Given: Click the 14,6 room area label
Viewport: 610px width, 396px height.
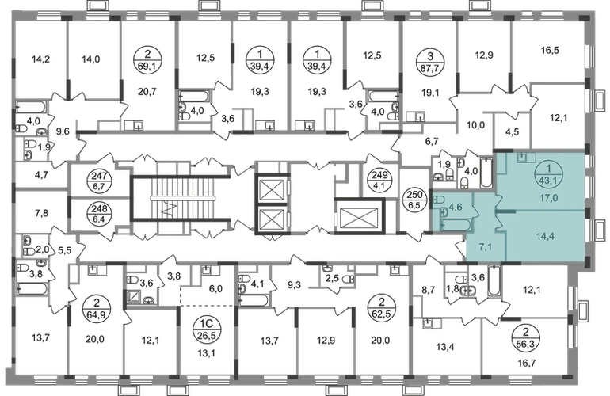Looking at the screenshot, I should click(90, 57).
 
